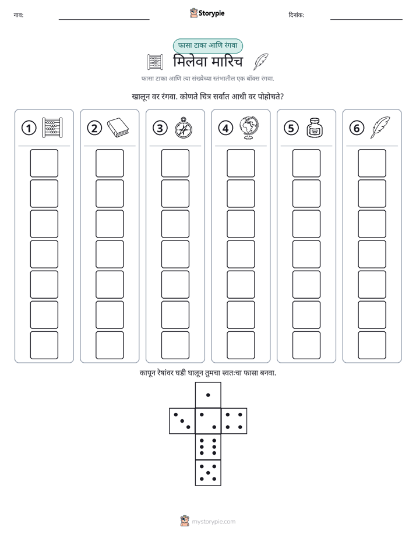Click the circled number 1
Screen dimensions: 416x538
(x=29, y=128)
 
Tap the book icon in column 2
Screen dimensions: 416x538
(x=118, y=128)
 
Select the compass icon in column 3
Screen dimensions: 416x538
(x=184, y=128)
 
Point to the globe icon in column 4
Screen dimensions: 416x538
(x=249, y=128)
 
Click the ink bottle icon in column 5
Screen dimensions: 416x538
(x=315, y=128)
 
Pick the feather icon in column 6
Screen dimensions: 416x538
(x=380, y=128)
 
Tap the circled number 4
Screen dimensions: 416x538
(x=225, y=128)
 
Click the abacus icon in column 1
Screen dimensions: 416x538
(x=52, y=128)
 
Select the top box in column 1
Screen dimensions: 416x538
(x=44, y=163)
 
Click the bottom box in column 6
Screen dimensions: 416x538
(x=372, y=345)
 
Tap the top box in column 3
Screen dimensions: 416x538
(x=175, y=163)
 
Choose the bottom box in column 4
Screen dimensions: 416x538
(x=241, y=345)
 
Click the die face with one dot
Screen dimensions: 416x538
(x=208, y=395)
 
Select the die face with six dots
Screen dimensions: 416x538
(x=208, y=447)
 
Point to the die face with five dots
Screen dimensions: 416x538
(x=208, y=472)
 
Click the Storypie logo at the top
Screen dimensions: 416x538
(x=207, y=13)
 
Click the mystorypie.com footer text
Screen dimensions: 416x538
(x=213, y=522)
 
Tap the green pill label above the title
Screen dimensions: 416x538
(x=207, y=45)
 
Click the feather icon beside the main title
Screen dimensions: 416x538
(x=261, y=62)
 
